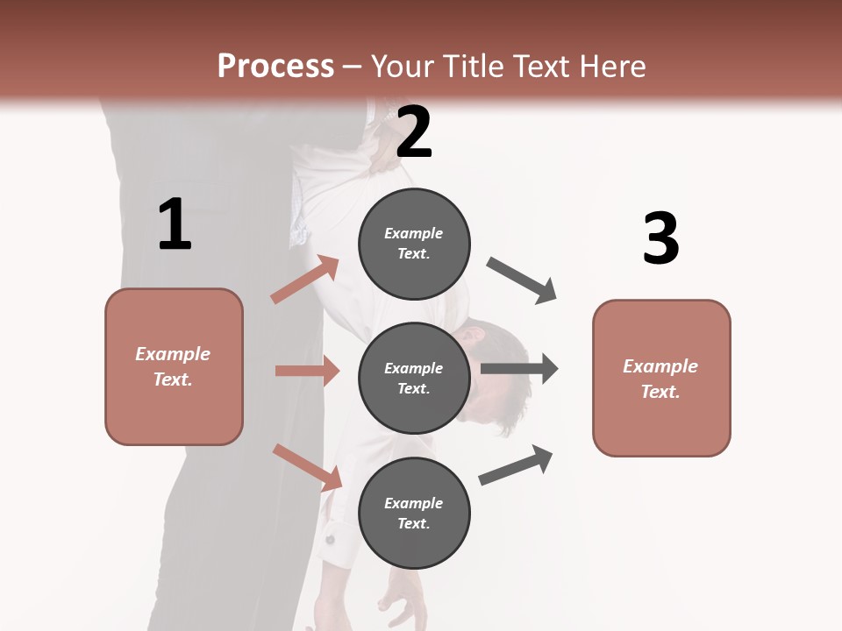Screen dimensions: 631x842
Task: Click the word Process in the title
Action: [275, 67]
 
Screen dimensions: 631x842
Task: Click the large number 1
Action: [175, 224]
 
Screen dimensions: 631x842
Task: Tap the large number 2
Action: [414, 132]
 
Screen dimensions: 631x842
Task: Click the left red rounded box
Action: [174, 366]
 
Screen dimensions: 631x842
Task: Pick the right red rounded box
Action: [661, 378]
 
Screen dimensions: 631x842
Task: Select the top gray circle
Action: [414, 244]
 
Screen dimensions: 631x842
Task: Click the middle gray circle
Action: [414, 378]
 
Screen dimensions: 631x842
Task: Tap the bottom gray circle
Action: [414, 513]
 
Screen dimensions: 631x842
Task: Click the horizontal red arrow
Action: [307, 371]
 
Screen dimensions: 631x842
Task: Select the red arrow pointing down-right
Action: [308, 467]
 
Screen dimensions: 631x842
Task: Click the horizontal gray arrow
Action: [519, 369]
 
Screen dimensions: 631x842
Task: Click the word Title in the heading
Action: [475, 67]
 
